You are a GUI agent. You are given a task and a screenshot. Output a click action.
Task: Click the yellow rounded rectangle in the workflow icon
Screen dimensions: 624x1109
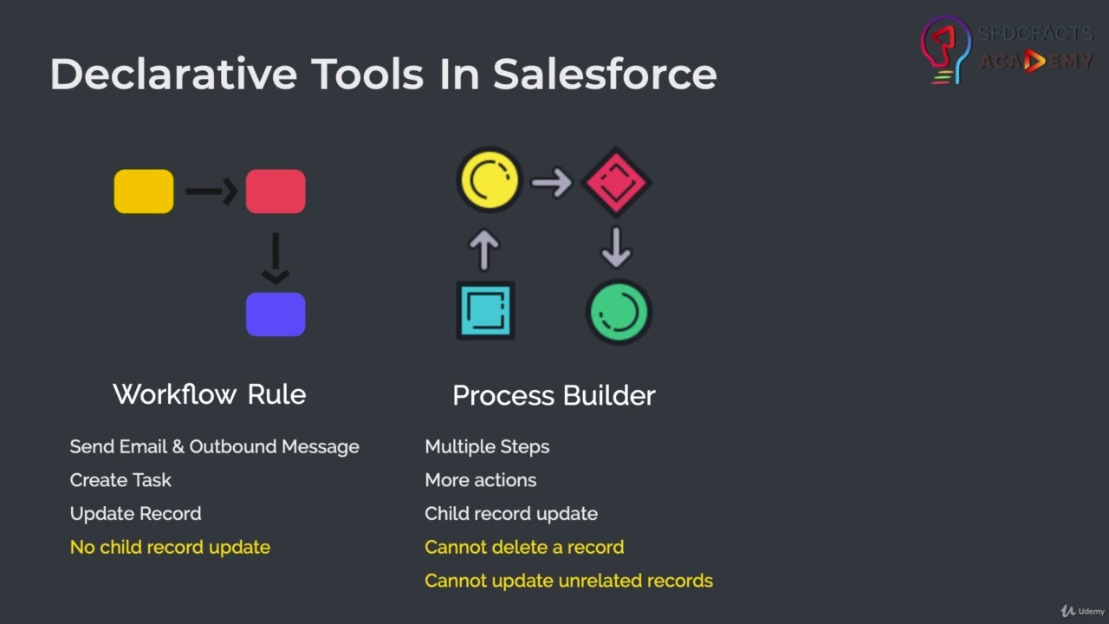(x=144, y=192)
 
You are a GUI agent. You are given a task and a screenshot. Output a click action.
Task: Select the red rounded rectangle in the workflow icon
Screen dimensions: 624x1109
(x=276, y=192)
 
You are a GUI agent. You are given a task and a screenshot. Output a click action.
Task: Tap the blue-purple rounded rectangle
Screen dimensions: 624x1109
(x=276, y=314)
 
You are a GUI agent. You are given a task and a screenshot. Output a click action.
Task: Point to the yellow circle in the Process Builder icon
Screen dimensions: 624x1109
(x=490, y=180)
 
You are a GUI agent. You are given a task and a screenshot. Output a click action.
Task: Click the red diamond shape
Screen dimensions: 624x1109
(x=616, y=182)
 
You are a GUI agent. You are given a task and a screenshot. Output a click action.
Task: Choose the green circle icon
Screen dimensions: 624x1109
(x=619, y=312)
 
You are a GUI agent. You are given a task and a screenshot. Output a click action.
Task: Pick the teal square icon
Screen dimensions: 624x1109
(x=485, y=310)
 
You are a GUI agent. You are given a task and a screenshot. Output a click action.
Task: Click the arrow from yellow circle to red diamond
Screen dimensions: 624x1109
(x=552, y=182)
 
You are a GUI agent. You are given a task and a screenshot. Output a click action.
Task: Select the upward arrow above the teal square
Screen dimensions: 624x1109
(x=484, y=250)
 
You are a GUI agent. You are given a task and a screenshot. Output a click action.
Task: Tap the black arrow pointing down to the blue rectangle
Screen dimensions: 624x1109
(x=276, y=258)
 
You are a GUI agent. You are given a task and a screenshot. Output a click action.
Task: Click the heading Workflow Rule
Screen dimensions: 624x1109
(x=210, y=394)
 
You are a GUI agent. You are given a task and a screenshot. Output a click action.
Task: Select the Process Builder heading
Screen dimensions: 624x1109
(x=554, y=396)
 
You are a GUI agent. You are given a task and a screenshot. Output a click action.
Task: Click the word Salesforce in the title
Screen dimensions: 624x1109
(x=605, y=75)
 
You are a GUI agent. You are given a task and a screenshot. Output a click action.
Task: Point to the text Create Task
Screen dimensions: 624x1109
(x=120, y=480)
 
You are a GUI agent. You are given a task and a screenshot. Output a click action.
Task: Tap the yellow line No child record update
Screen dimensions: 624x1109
(x=170, y=547)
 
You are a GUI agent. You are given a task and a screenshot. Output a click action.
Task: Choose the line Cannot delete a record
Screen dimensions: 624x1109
(x=524, y=547)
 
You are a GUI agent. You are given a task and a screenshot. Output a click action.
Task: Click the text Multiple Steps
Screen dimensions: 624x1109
(x=487, y=447)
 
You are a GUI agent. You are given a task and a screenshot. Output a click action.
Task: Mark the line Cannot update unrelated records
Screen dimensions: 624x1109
(x=568, y=581)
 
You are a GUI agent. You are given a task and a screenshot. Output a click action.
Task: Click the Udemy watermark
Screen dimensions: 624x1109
(x=1082, y=611)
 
